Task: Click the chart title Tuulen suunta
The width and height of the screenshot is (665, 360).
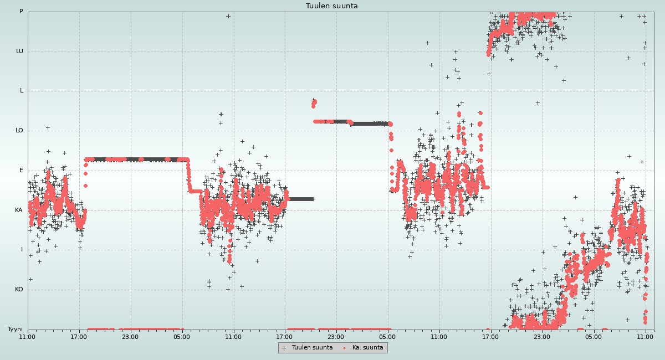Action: tap(331, 6)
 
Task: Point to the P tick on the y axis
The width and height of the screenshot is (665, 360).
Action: tap(21, 12)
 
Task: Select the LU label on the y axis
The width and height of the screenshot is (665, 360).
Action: tap(19, 52)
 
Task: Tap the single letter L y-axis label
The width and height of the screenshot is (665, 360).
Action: tap(22, 91)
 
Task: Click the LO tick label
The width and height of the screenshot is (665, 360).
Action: tap(19, 131)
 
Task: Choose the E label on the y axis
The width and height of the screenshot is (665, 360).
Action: tap(22, 171)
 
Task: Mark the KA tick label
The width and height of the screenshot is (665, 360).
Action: tap(19, 210)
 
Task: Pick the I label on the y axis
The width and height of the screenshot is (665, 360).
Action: tap(22, 250)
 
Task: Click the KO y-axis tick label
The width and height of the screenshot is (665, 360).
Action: tap(19, 290)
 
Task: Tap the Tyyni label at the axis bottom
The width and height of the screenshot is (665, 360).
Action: tap(15, 330)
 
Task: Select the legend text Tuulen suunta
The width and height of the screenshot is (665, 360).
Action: tap(312, 348)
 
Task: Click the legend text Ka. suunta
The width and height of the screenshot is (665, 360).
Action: tap(367, 348)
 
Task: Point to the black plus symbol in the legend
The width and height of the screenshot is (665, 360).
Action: tap(284, 348)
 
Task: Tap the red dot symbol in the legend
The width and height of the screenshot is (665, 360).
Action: tap(344, 348)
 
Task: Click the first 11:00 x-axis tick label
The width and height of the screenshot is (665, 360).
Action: tap(28, 336)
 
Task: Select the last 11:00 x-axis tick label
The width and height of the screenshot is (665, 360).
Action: tap(645, 336)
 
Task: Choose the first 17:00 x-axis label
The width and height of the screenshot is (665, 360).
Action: tap(79, 336)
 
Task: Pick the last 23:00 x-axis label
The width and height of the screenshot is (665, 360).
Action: tap(542, 336)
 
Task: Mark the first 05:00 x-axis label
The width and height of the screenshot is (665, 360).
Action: tap(182, 336)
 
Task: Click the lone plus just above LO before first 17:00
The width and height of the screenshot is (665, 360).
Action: tap(48, 127)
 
